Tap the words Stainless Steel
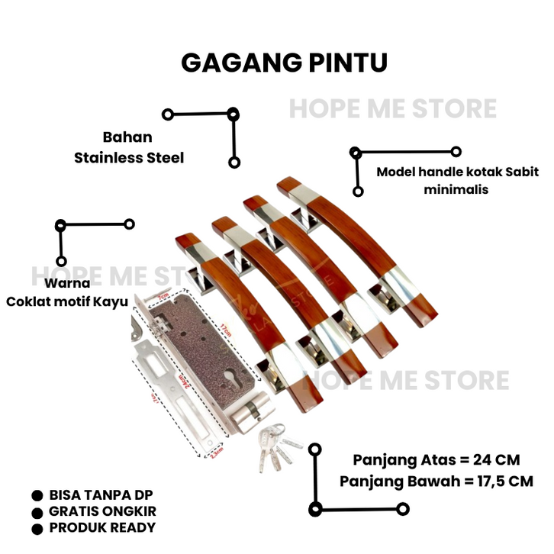(x=129, y=158)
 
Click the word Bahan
(x=127, y=138)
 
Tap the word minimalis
(x=456, y=189)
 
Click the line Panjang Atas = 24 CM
(x=436, y=460)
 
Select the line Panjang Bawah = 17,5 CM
(x=436, y=481)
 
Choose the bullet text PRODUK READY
(x=101, y=527)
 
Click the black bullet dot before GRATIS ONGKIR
(x=37, y=512)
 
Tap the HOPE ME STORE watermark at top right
(x=392, y=109)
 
